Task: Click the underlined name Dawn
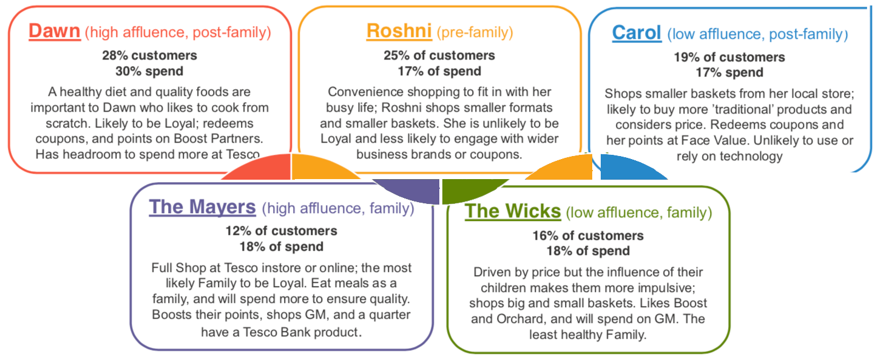tap(54, 31)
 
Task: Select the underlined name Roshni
tap(399, 31)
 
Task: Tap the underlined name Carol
tap(637, 33)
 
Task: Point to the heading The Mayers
tap(202, 207)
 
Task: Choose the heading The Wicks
tap(513, 211)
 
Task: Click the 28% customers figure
tap(150, 55)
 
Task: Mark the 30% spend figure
tap(149, 71)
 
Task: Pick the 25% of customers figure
tap(439, 55)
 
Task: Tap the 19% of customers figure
tap(729, 57)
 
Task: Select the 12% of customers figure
tap(282, 231)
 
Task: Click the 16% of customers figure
tap(588, 236)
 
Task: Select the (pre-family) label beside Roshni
tap(475, 32)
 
